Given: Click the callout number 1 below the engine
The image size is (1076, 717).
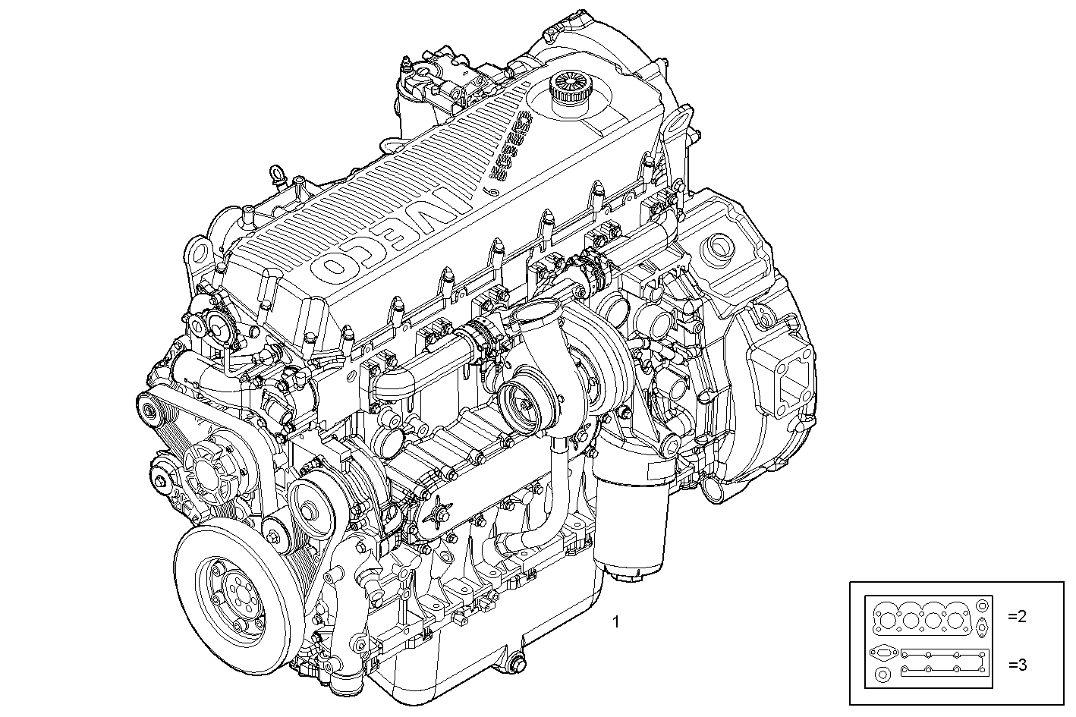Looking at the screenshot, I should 616,622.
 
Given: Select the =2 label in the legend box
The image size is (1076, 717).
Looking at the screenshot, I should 1017,617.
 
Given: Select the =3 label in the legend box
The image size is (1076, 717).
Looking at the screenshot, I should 1017,665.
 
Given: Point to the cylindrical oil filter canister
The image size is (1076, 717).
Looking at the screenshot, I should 631,524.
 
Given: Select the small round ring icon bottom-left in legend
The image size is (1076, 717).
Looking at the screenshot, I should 883,675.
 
